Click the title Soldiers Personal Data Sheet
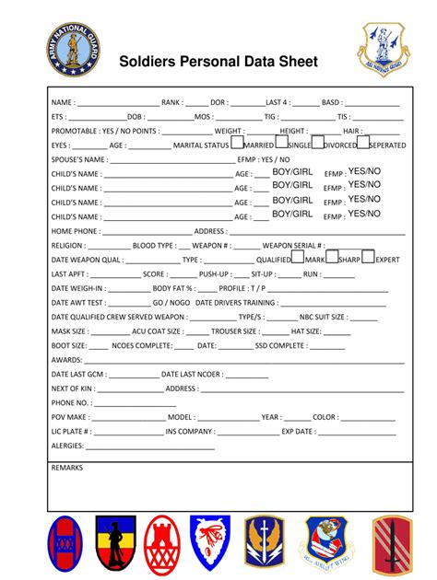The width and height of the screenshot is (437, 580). tap(218, 63)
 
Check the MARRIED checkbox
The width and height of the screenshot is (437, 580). tap(237, 143)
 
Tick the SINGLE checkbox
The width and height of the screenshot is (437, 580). tap(279, 143)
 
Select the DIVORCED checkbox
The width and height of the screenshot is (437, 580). tap(317, 143)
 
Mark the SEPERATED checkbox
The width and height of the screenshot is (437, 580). tap(361, 143)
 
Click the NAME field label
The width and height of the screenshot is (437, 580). tap(63, 103)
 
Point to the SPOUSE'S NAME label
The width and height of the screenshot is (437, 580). tap(78, 160)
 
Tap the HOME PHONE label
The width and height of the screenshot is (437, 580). tap(76, 231)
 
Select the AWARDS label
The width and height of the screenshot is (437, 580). tap(67, 360)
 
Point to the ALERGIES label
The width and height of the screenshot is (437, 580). tap(67, 446)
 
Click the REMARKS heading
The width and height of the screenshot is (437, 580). tap(67, 469)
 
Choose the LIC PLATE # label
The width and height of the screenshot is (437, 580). tap(71, 431)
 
